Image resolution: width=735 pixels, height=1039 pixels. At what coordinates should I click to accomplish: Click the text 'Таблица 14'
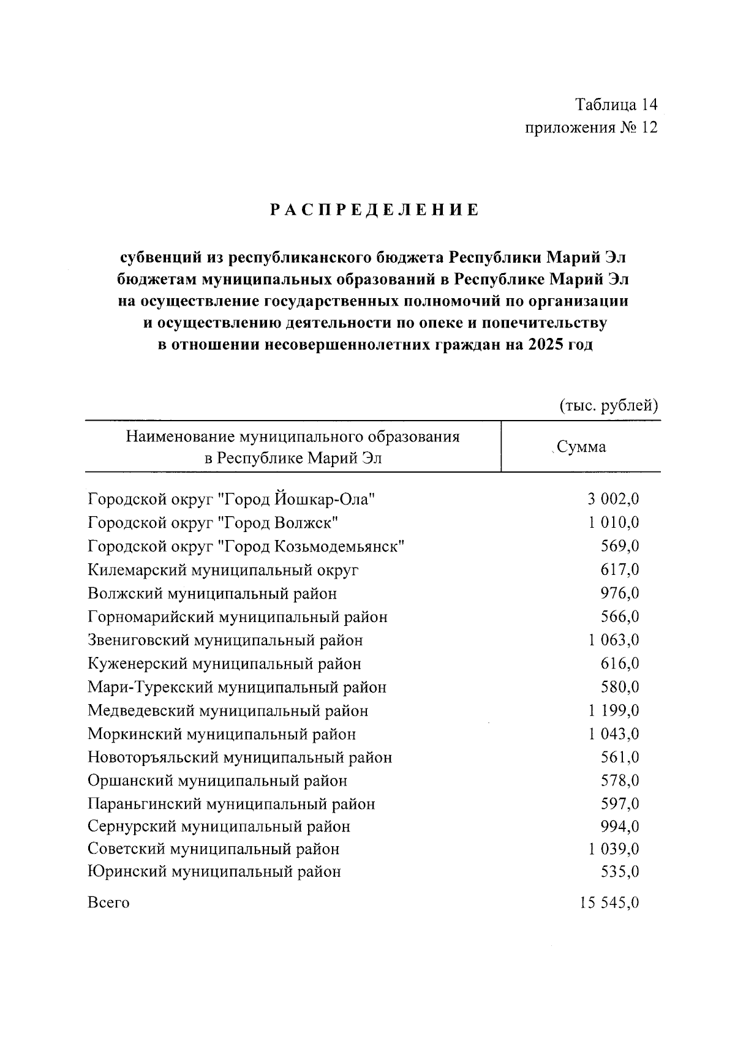(x=616, y=105)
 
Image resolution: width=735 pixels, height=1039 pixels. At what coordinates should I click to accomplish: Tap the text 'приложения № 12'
(x=590, y=128)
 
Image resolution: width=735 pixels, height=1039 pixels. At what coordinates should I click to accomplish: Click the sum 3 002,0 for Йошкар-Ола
(x=613, y=500)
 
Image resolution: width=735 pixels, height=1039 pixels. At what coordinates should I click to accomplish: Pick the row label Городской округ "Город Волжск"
(x=213, y=523)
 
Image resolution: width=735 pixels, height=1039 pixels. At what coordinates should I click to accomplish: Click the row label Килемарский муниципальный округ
(x=223, y=570)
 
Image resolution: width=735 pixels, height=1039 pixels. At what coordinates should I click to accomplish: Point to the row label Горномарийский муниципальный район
(x=238, y=617)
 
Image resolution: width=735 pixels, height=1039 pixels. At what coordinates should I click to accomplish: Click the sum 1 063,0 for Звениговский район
(x=613, y=640)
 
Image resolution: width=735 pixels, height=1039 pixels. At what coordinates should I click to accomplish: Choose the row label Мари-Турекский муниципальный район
(x=237, y=687)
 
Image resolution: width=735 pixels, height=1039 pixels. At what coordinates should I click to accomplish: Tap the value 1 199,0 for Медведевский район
(x=613, y=711)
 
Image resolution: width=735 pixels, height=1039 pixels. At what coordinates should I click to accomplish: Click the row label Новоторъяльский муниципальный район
(x=239, y=757)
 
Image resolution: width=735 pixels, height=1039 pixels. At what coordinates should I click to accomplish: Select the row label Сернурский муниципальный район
(x=219, y=827)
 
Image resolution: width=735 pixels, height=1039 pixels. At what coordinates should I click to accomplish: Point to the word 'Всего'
(x=108, y=903)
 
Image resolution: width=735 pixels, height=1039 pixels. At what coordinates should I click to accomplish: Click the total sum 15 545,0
(x=609, y=903)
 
